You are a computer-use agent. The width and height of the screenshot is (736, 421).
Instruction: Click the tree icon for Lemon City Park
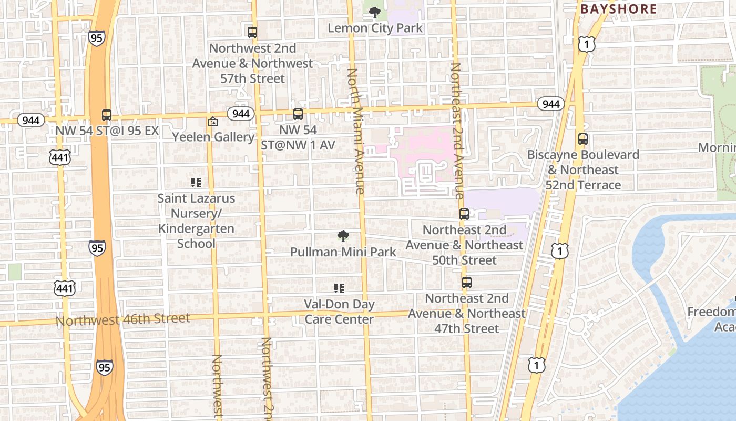pos(374,12)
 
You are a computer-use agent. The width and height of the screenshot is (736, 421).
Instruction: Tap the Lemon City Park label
pos(375,28)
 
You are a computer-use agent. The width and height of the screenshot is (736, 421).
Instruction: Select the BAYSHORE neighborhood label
pos(618,9)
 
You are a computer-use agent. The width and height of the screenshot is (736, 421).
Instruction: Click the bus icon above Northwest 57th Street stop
pos(252,32)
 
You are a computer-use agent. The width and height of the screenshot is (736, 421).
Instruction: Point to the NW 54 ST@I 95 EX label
pos(107,131)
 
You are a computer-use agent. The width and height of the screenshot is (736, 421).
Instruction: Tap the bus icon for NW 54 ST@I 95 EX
pos(107,115)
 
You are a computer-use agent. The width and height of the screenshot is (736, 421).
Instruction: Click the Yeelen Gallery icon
pos(213,122)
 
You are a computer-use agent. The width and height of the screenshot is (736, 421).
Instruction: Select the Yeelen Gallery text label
pos(213,137)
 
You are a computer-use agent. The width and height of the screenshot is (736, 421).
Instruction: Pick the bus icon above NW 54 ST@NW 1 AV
pos(298,114)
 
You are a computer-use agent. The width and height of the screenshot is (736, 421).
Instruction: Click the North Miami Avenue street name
pos(356,132)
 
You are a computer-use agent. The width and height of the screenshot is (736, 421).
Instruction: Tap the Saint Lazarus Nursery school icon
pos(196,183)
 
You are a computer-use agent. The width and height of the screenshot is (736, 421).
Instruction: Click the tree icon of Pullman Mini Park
pos(343,236)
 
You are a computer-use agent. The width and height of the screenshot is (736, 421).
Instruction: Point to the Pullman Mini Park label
pos(343,252)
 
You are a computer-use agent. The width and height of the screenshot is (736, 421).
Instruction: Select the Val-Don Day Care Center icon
pos(339,288)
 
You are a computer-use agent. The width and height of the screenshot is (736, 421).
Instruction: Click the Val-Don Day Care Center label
pos(339,312)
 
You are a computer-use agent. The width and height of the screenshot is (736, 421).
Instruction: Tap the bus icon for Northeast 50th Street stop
pos(464,214)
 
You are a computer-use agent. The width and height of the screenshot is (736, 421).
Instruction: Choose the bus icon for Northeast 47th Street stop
pos(467,283)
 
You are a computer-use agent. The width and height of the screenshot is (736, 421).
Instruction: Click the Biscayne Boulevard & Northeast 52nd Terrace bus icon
pos(583,139)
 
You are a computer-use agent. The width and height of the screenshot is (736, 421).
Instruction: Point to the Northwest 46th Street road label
pos(123,319)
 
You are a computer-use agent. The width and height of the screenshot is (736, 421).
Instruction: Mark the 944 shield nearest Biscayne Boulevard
pos(550,104)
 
